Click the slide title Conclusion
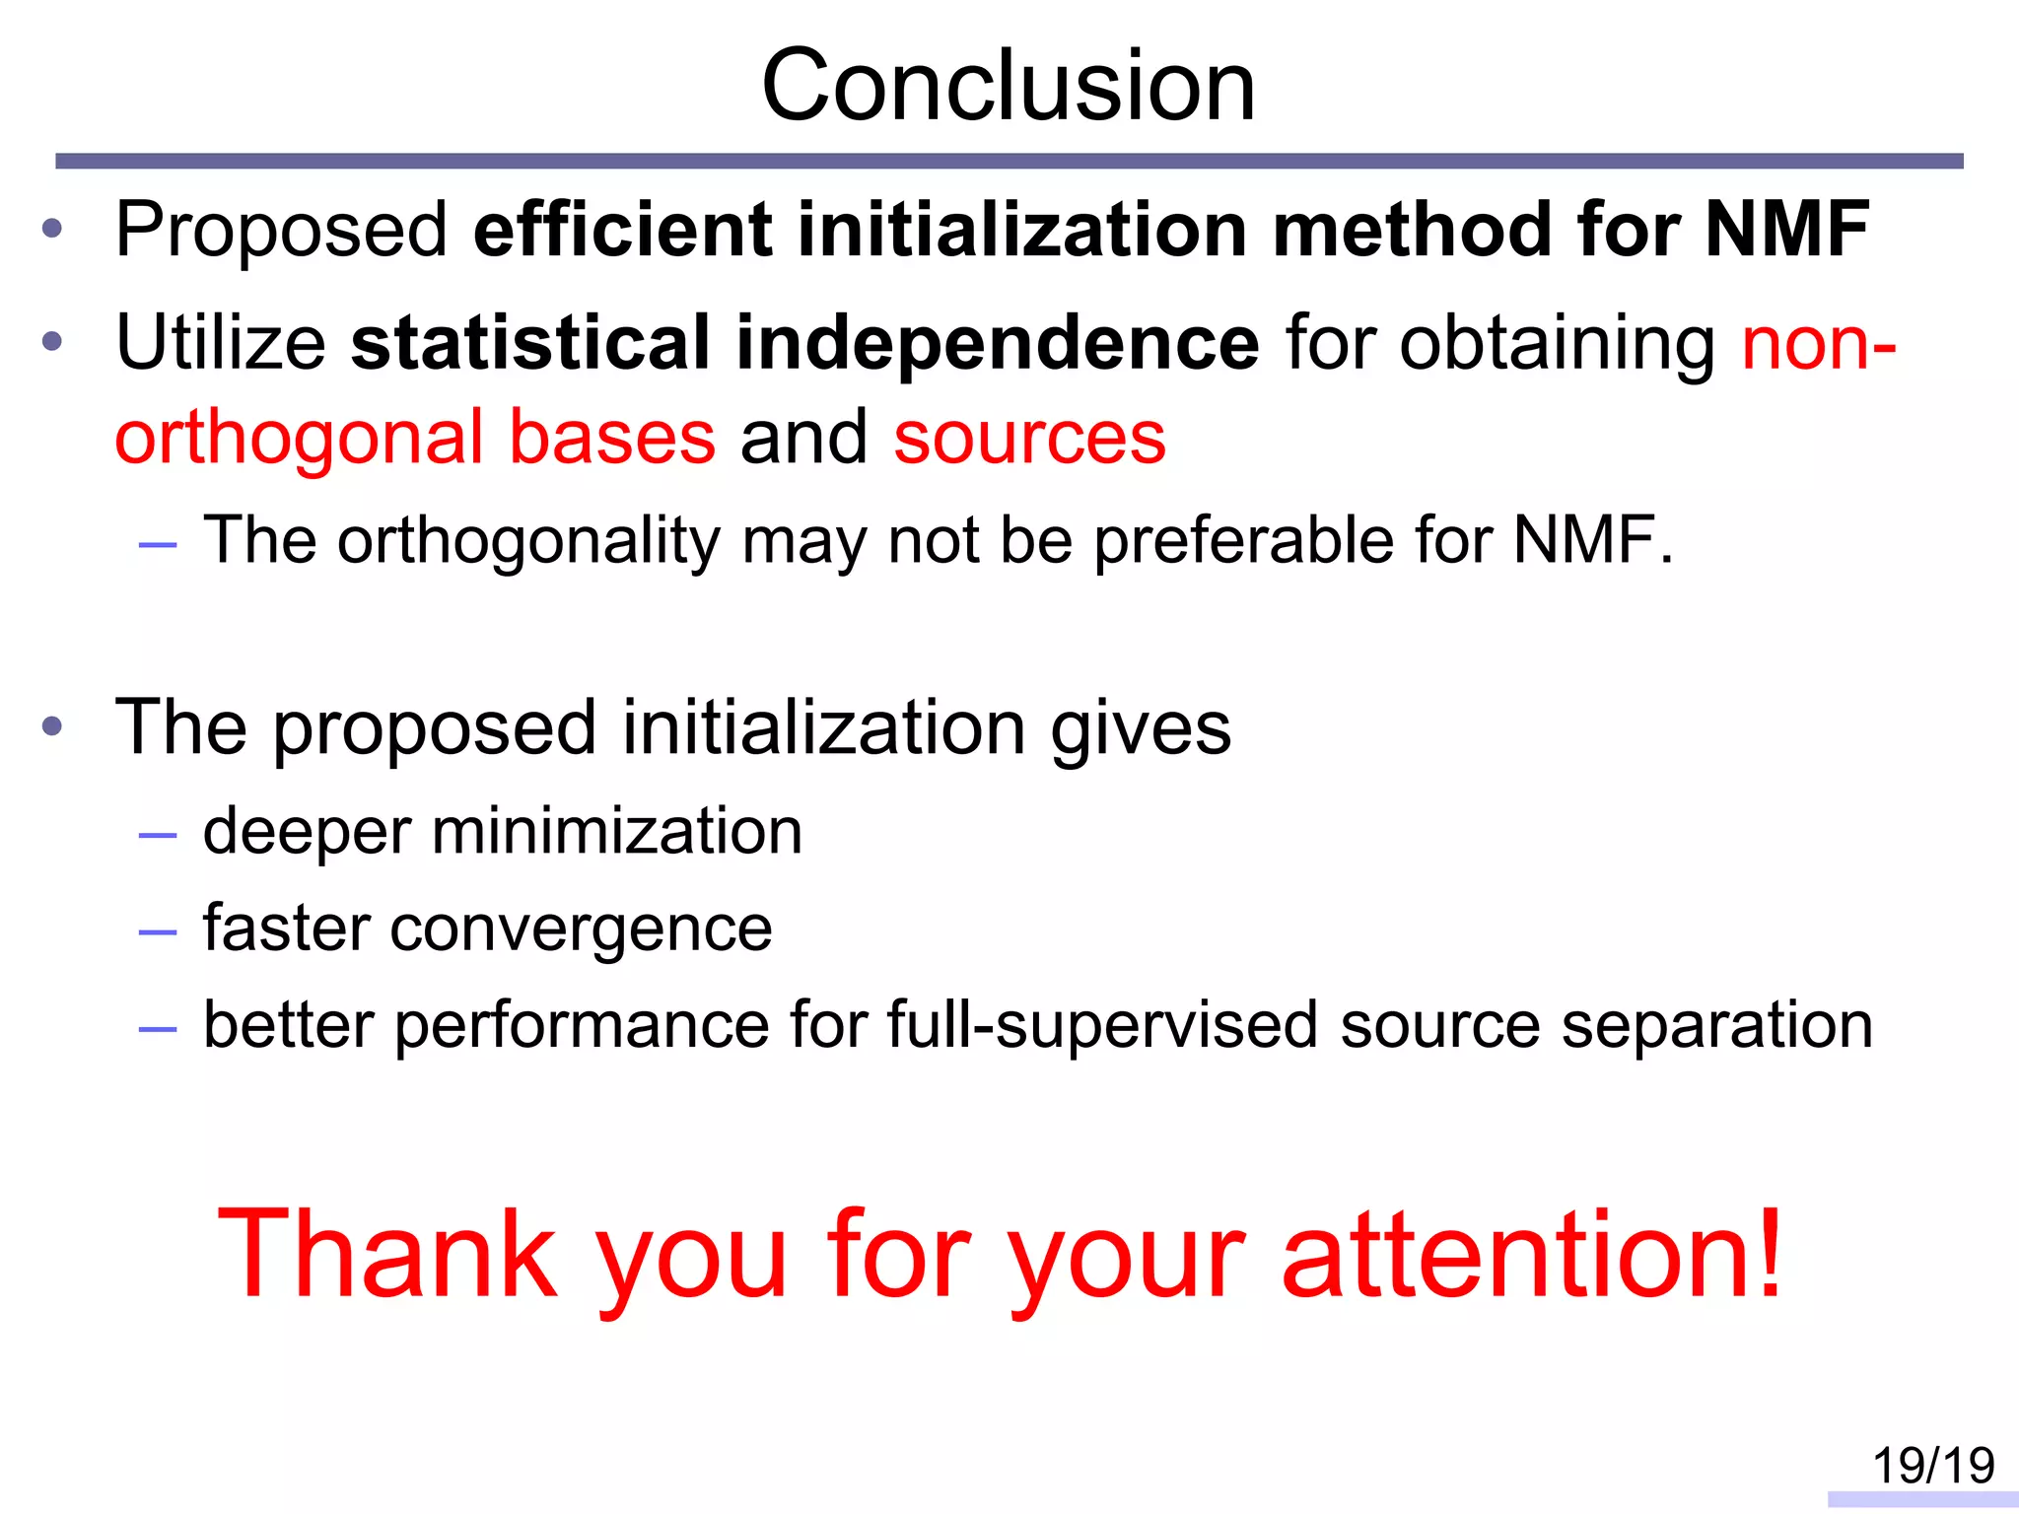click(x=1008, y=87)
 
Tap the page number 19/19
click(x=1932, y=1466)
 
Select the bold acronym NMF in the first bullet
click(x=1786, y=230)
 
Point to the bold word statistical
click(x=530, y=343)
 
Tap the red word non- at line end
click(x=1818, y=343)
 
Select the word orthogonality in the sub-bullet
click(x=529, y=541)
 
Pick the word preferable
click(x=1243, y=541)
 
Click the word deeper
click(x=307, y=831)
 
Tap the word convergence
click(x=581, y=929)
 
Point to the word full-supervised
click(x=1102, y=1025)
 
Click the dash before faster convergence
click(x=158, y=931)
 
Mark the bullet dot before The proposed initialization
click(x=52, y=728)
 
